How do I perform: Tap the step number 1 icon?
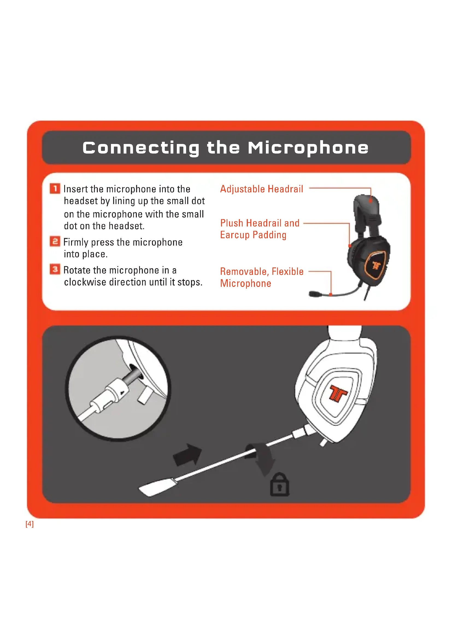tap(55, 189)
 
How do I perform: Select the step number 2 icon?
tap(55, 241)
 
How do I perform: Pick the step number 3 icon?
tap(55, 269)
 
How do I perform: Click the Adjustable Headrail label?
tap(261, 189)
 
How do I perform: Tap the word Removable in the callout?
tap(244, 272)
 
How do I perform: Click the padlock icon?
tap(280, 485)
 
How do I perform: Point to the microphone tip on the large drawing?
tap(157, 487)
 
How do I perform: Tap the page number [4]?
tap(30, 524)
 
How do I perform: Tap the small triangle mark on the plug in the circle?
tap(122, 393)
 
